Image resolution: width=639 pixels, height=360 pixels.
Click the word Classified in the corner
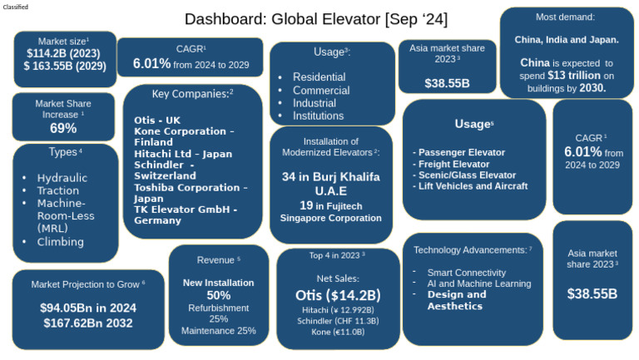pyautogui.click(x=17, y=7)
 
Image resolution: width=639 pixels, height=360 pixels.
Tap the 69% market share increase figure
pyautogui.click(x=63, y=128)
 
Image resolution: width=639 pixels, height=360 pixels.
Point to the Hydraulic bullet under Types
pyautogui.click(x=62, y=177)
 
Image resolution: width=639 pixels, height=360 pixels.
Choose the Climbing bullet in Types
pyautogui.click(x=60, y=242)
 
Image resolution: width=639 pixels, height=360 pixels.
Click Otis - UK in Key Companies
pyautogui.click(x=156, y=121)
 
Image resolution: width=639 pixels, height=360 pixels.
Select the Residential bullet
pyautogui.click(x=320, y=76)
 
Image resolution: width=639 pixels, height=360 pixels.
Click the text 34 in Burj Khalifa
pyautogui.click(x=330, y=176)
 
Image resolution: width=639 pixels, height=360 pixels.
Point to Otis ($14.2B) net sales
pyautogui.click(x=338, y=295)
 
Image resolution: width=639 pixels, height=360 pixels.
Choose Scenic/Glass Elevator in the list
pyautogui.click(x=470, y=175)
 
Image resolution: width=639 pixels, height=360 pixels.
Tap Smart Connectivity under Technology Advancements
pyautogui.click(x=466, y=272)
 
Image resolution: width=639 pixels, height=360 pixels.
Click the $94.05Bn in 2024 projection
pyautogui.click(x=88, y=308)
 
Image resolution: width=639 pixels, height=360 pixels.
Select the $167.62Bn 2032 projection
pyautogui.click(x=88, y=323)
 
